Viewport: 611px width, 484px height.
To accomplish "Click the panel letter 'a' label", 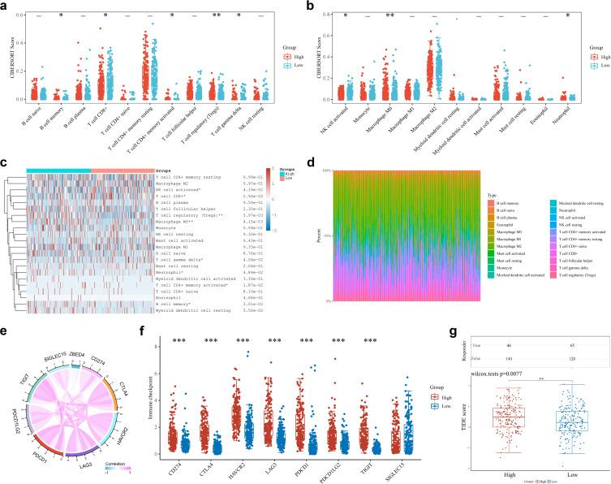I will pos(4,6).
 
